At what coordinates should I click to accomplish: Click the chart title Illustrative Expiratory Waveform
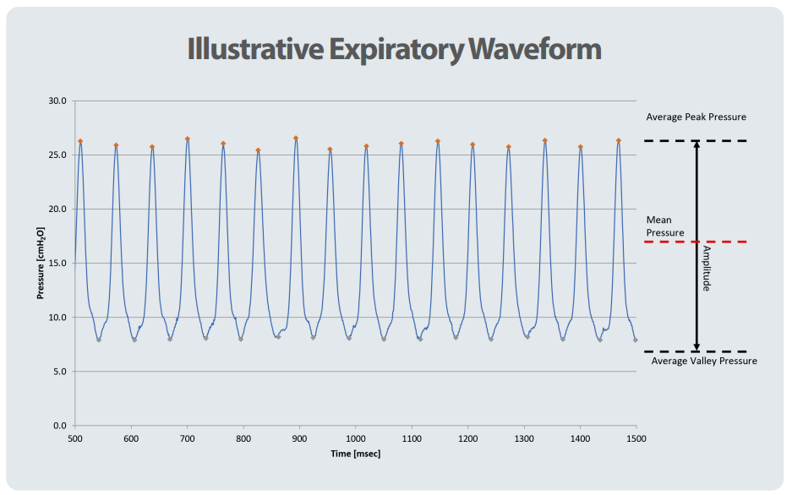[394, 48]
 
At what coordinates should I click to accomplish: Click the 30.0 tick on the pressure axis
[57, 101]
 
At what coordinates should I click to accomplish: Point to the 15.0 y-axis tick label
[57, 264]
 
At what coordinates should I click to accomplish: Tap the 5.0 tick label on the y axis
[60, 372]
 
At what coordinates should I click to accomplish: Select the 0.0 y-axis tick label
[60, 426]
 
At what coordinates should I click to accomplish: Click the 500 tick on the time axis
[74, 439]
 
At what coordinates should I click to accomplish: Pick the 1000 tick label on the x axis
[355, 439]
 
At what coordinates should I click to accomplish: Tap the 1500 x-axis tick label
[636, 439]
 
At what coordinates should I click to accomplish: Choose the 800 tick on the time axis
[243, 439]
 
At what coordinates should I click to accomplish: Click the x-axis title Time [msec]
[355, 454]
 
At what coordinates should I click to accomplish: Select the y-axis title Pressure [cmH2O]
[40, 263]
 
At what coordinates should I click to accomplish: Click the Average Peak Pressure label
[696, 117]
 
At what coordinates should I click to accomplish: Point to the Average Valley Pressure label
[704, 362]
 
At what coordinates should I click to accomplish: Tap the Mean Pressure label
[665, 226]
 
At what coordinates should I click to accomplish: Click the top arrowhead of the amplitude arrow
[696, 144]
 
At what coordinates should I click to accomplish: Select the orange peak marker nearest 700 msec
[188, 139]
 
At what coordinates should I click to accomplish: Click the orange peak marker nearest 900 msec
[296, 139]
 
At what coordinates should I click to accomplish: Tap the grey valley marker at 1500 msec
[636, 340]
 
